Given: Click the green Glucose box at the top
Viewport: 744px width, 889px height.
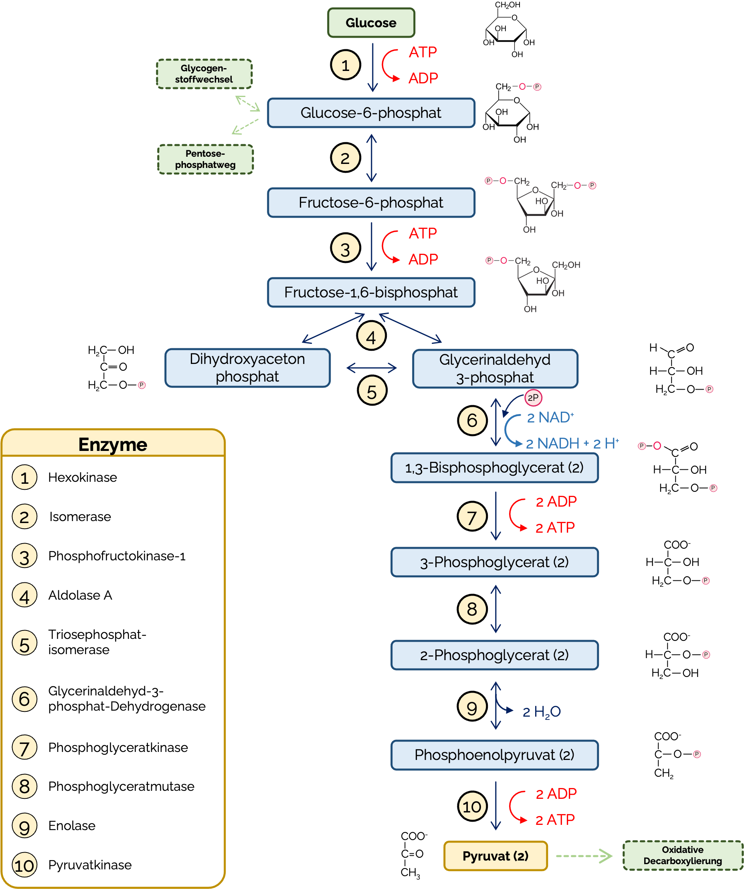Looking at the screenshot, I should coord(371,23).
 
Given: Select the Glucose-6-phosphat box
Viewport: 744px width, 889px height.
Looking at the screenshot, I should coord(371,113).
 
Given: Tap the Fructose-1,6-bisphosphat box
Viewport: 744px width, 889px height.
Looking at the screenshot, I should coord(371,293).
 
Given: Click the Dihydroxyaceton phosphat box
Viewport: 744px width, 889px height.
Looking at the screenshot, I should coord(247,368).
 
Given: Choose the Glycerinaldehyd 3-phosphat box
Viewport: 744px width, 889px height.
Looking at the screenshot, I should coord(495,369).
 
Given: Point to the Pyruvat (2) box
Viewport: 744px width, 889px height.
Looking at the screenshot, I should coord(495,856).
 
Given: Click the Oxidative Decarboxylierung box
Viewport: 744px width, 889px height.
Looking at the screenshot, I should coord(683,856).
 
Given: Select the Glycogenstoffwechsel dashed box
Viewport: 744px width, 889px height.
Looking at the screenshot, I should coord(204,74).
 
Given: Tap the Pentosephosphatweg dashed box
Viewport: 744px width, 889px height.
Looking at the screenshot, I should coord(205,159).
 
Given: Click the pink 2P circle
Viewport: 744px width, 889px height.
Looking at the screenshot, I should coord(533,398).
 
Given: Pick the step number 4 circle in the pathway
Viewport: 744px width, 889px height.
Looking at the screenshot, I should coord(371,337).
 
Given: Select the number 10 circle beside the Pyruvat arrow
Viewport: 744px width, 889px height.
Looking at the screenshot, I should coord(472,807).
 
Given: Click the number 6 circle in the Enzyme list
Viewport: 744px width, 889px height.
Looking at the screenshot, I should coord(24,699).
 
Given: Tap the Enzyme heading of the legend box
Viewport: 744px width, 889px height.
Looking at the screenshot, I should coord(113,445).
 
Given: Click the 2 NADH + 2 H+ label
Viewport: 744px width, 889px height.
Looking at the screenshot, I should coord(572,444).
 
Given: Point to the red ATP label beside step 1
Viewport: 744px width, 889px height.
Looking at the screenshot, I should coord(423,53).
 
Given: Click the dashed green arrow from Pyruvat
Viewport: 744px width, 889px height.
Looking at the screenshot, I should coord(584,856).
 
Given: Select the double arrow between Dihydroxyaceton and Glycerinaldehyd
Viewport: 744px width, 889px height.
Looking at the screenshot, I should coord(372,368).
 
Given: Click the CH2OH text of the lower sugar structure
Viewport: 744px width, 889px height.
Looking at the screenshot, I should coord(566,265).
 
